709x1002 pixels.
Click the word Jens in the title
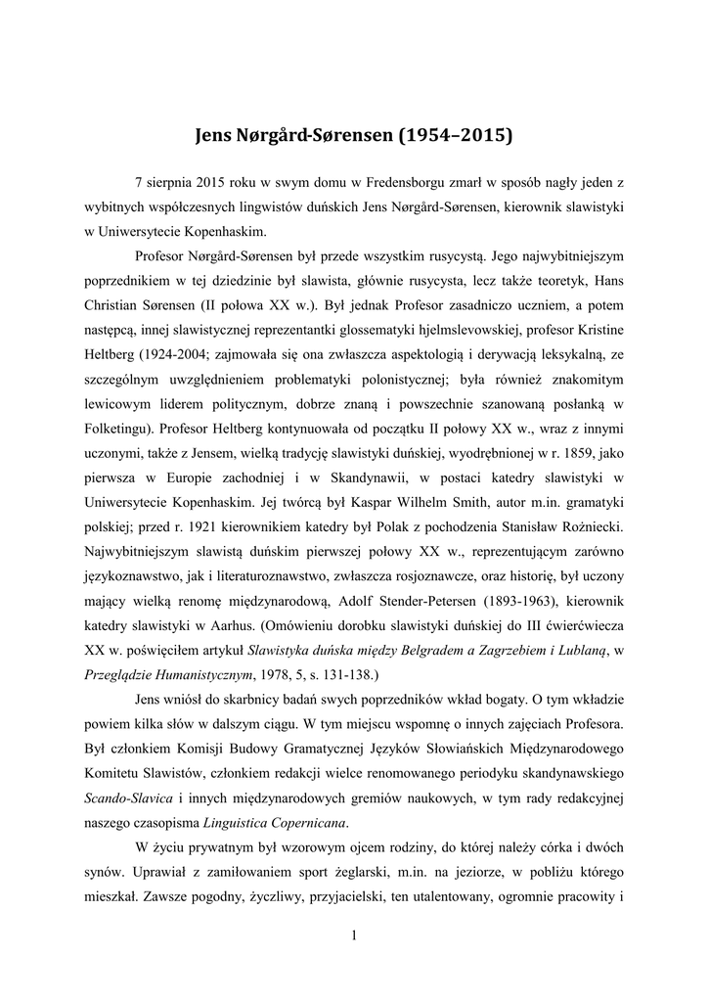218,134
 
